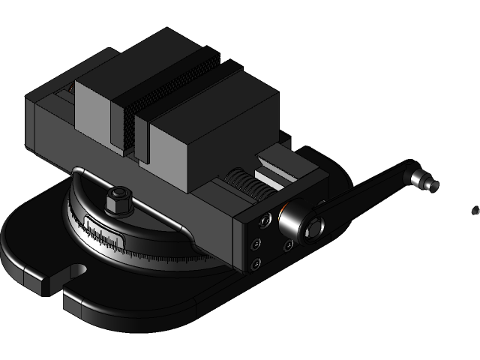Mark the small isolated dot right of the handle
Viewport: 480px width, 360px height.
[475, 211]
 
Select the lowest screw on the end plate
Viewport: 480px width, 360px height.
[256, 263]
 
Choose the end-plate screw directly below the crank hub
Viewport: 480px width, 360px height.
[288, 244]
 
